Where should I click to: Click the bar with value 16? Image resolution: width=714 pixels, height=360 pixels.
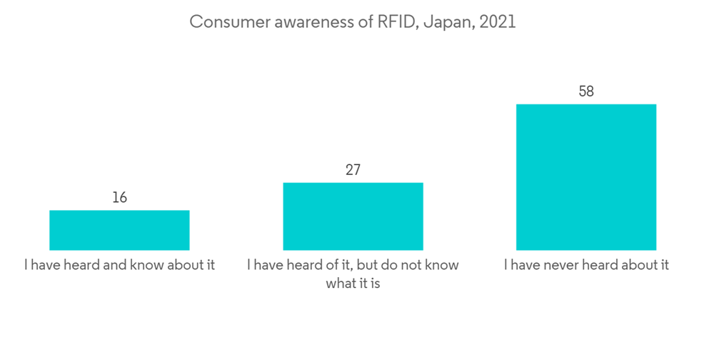(x=119, y=230)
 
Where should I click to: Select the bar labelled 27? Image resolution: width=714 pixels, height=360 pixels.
(x=353, y=216)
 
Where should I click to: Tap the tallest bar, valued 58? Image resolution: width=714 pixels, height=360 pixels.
(x=586, y=177)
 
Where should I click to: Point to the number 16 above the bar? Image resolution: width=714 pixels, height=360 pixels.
(x=119, y=197)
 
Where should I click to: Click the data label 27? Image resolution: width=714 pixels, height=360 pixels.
(x=353, y=170)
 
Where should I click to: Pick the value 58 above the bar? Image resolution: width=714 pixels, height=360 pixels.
(x=586, y=91)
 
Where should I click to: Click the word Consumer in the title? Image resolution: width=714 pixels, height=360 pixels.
(x=224, y=22)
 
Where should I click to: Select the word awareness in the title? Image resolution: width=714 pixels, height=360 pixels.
(x=308, y=22)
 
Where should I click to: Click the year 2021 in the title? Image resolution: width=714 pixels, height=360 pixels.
(x=498, y=22)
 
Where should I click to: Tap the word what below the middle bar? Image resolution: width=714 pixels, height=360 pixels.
(x=342, y=284)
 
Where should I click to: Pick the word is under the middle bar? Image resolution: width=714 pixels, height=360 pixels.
(x=373, y=284)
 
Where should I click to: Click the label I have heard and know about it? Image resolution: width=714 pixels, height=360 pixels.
(x=119, y=265)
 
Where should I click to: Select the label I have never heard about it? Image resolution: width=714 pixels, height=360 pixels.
(x=586, y=265)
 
